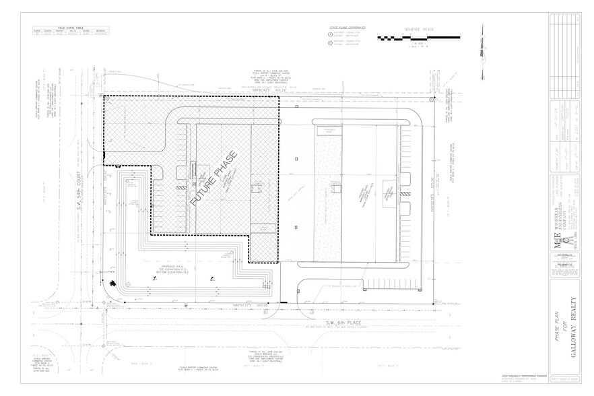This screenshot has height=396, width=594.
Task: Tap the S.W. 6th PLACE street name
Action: click(x=340, y=324)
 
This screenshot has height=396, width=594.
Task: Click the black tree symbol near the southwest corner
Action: click(x=112, y=284)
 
